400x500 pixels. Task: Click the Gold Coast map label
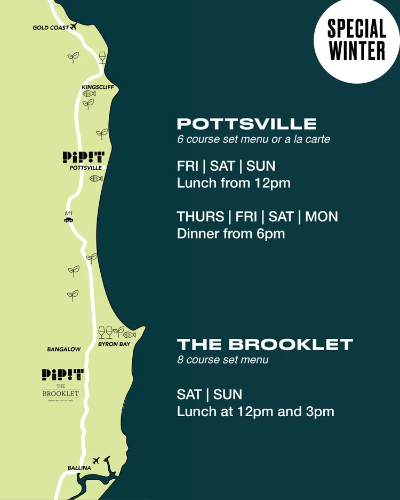pyautogui.click(x=51, y=28)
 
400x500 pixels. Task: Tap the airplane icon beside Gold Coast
pyautogui.click(x=74, y=26)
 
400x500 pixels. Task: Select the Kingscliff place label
pyautogui.click(x=98, y=87)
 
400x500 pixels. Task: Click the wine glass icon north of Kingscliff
pyautogui.click(x=102, y=57)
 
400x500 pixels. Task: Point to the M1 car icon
pyautogui.click(x=68, y=219)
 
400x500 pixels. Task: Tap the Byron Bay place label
pyautogui.click(x=114, y=344)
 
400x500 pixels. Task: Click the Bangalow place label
pyautogui.click(x=64, y=350)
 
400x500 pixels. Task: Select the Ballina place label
pyautogui.click(x=79, y=468)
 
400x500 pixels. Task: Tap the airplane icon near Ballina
pyautogui.click(x=96, y=460)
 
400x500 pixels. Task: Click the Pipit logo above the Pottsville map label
pyautogui.click(x=84, y=157)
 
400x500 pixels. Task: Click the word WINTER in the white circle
pyautogui.click(x=357, y=51)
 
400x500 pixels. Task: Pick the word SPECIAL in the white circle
pyautogui.click(x=357, y=29)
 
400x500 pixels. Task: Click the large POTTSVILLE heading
pyautogui.click(x=246, y=124)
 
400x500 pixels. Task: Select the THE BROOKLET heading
pyautogui.click(x=265, y=344)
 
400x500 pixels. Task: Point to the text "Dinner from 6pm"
pyautogui.click(x=231, y=234)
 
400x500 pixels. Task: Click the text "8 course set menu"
pyautogui.click(x=222, y=360)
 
